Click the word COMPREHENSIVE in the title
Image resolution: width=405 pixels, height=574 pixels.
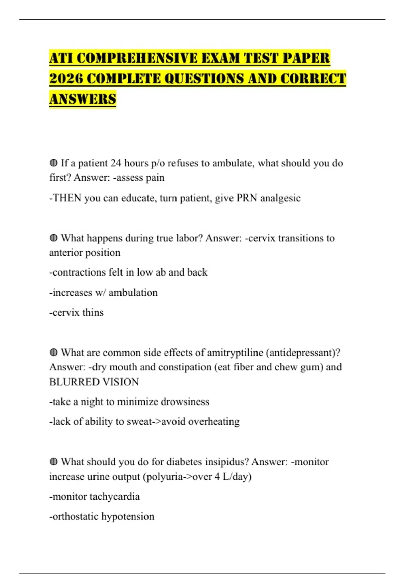(137, 58)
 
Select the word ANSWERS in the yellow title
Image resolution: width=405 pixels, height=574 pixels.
(83, 99)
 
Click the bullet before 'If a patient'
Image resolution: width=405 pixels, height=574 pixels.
(53, 163)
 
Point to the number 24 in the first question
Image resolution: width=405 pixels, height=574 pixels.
(116, 163)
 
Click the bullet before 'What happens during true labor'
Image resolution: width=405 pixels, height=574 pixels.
(53, 238)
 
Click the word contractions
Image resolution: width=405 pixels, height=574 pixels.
(79, 272)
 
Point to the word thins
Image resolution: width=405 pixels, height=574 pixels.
(93, 312)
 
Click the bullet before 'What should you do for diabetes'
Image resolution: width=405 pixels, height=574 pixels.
(53, 462)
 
